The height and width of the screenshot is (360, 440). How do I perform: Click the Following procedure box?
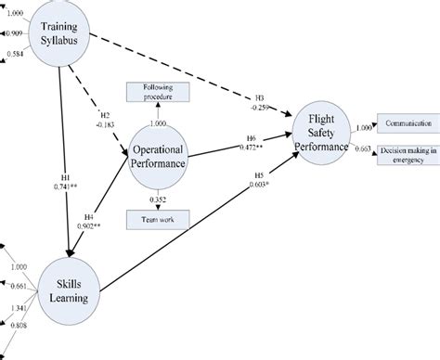coord(157,91)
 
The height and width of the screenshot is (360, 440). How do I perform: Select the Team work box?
coord(159,220)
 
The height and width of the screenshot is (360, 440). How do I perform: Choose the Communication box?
coord(406,128)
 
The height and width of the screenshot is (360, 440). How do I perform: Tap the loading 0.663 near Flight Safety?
coord(364,148)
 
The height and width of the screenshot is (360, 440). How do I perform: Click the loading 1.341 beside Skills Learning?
coord(18,308)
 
